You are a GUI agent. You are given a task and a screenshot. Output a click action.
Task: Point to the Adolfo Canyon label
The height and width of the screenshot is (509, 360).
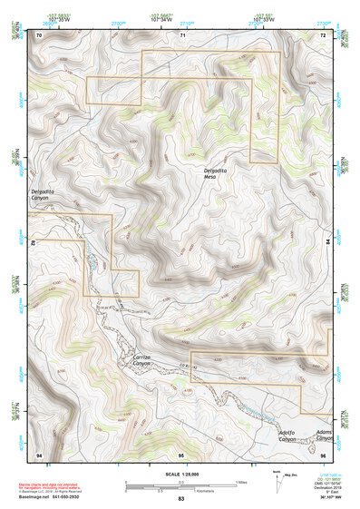pos(288,435)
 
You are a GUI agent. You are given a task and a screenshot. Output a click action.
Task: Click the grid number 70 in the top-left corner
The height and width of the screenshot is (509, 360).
pos(39,34)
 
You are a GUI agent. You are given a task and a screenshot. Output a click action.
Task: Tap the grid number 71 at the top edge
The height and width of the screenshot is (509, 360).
pos(182,34)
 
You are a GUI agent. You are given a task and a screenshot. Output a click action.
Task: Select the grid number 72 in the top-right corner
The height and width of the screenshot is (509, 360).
pos(322,34)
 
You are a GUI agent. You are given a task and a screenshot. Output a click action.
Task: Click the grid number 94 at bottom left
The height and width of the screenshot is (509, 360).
pos(39,453)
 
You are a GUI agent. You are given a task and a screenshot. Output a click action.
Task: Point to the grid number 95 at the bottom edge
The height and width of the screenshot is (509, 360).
pos(181,453)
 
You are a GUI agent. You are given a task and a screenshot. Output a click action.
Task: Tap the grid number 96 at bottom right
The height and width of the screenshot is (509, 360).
pos(322,453)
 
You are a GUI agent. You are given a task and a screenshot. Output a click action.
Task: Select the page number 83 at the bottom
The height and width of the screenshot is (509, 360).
pos(180,499)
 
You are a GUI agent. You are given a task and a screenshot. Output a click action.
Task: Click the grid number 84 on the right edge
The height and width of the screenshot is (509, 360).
pos(328,244)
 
